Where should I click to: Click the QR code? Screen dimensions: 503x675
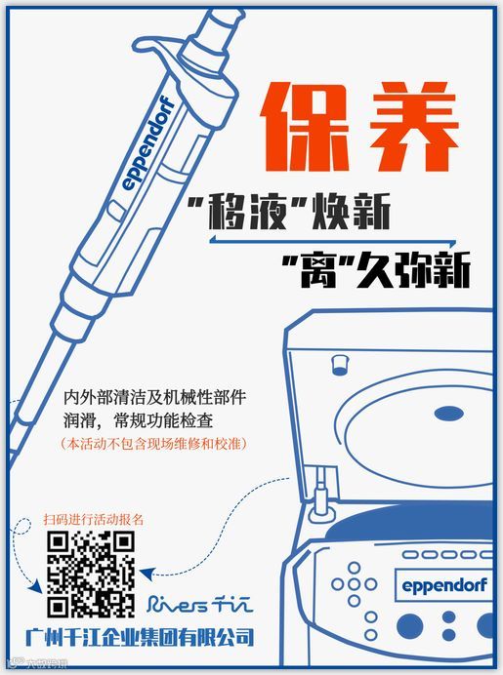91,574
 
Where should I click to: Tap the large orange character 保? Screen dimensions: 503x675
306,127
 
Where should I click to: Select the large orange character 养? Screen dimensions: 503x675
413,127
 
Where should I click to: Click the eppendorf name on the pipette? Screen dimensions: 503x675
147,144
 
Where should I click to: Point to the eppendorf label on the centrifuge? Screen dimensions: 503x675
444,585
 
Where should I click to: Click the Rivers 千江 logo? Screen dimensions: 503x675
199,603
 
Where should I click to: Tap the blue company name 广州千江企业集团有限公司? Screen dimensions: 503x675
140,637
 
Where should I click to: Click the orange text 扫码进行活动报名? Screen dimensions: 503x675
93,519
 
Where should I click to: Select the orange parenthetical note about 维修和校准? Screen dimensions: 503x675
153,444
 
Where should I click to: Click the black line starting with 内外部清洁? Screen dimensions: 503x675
154,397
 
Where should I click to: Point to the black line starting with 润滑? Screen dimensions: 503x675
139,420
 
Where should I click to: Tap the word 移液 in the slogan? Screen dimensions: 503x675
249,213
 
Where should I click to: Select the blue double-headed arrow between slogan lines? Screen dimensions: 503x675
332,242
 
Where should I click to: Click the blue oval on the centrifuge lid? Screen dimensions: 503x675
448,414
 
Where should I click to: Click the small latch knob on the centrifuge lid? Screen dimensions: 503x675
340,365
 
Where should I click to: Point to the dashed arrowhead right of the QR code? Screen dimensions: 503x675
147,574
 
